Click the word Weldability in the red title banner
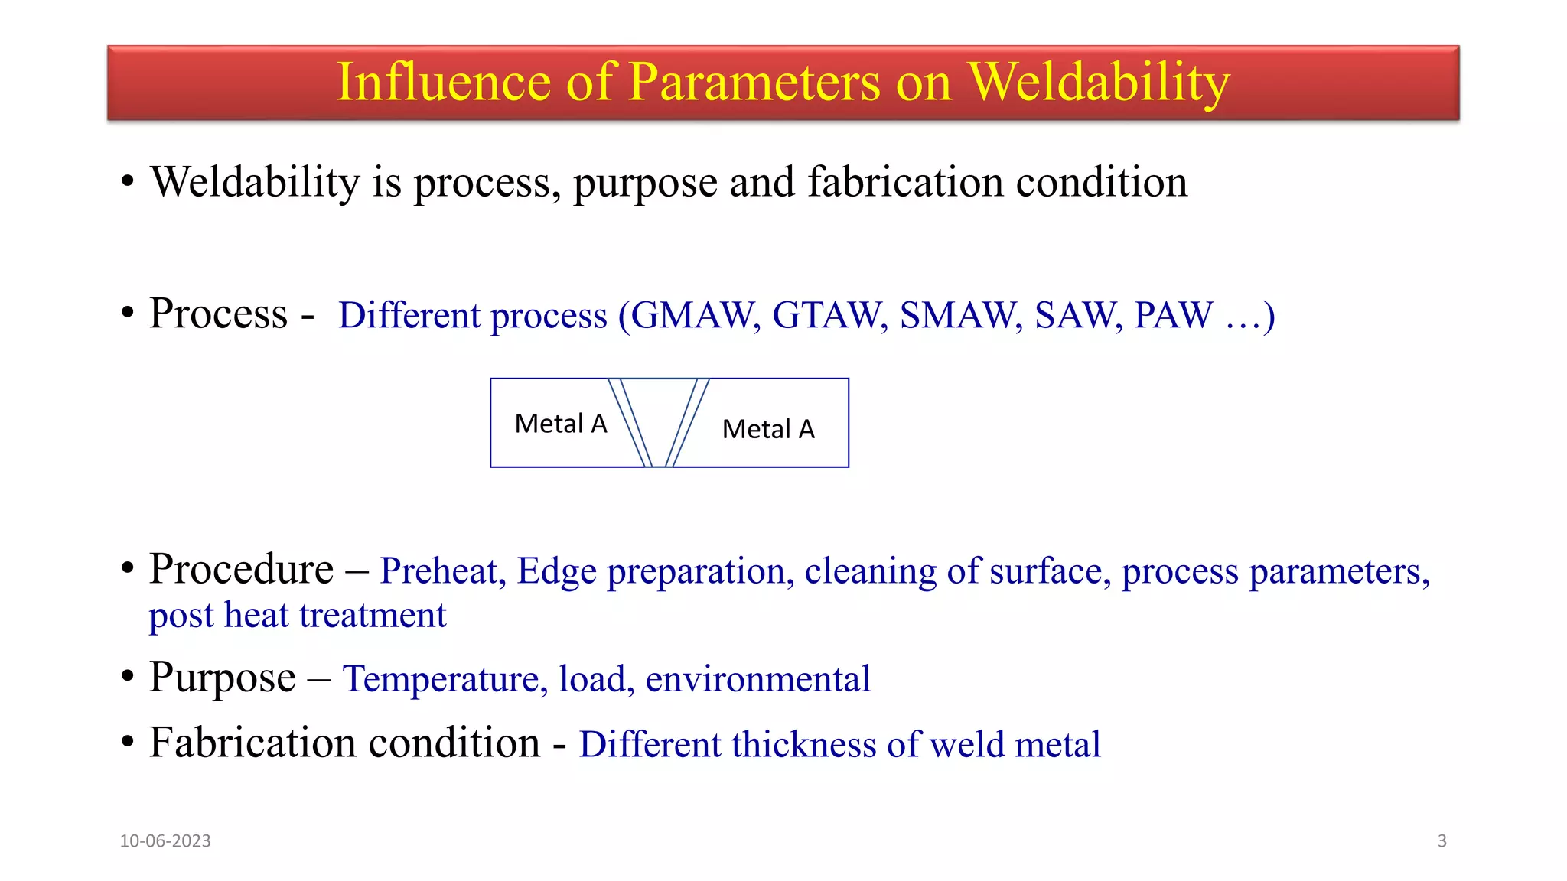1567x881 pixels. [1099, 83]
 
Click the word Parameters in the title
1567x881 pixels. [754, 83]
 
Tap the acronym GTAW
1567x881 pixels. [829, 315]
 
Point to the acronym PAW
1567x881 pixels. [1173, 315]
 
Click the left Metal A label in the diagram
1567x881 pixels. [561, 424]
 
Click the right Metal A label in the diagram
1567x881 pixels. [768, 429]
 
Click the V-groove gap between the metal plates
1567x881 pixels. [659, 413]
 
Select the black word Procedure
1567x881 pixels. [241, 570]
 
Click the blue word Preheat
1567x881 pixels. [442, 571]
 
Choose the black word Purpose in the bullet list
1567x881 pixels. [222, 678]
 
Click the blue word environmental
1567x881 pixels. [757, 679]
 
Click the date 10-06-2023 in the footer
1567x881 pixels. [165, 840]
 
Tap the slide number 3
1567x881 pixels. [1442, 840]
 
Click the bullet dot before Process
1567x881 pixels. [128, 313]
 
